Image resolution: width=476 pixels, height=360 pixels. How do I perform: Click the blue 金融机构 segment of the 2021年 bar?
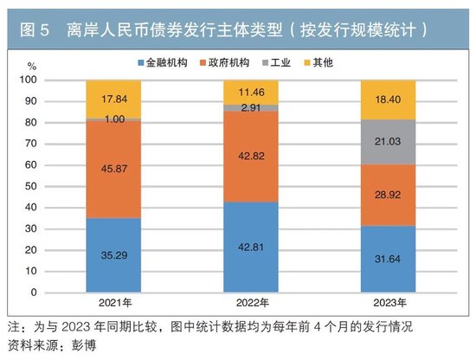pos(113,255)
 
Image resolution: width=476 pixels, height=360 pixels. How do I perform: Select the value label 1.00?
pos(113,119)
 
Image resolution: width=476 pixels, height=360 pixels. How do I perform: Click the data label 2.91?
pos(250,109)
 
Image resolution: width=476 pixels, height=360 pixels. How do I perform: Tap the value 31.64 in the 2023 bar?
pos(387,259)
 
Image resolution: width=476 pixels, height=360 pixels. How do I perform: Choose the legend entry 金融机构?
pos(164,63)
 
